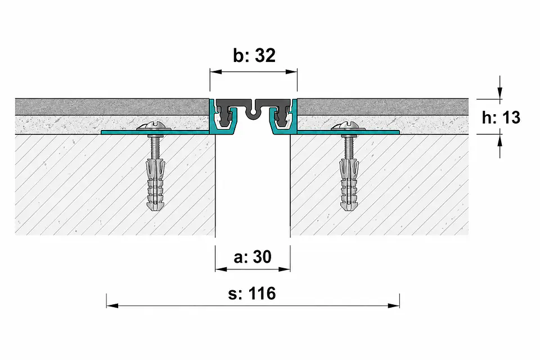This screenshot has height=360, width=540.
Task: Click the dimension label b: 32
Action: tap(254, 56)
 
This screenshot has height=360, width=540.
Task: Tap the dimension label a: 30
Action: tap(253, 256)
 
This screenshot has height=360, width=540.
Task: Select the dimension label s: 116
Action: tap(253, 294)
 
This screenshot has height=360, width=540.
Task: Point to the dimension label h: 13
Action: tap(501, 118)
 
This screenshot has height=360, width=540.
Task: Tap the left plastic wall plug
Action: tap(156, 184)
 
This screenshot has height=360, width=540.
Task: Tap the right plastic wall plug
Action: tap(349, 184)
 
